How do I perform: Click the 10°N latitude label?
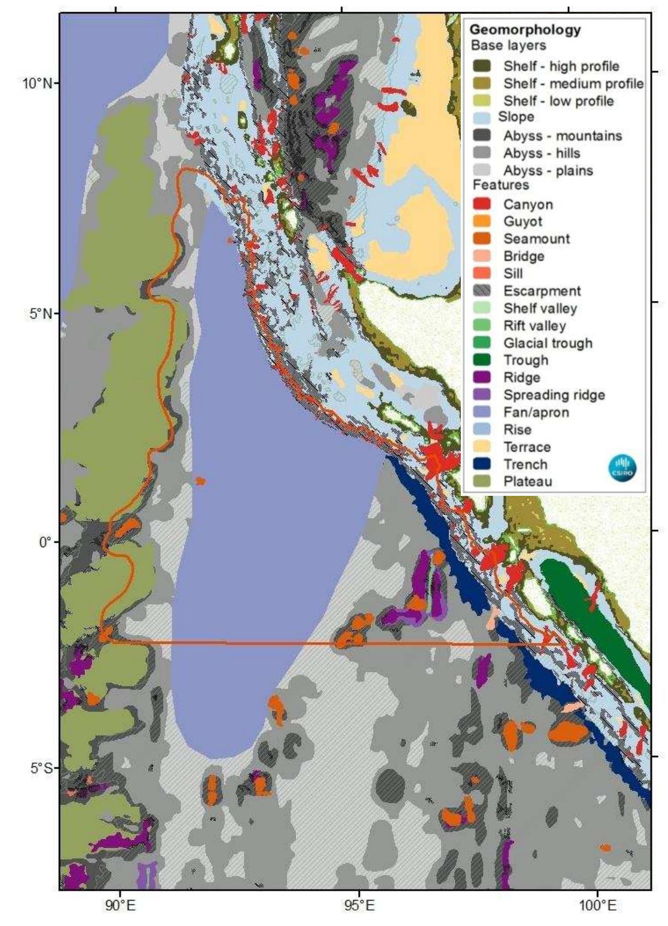pyautogui.click(x=38, y=84)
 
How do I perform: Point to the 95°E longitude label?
pyautogui.click(x=359, y=906)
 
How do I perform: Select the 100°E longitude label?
pyautogui.click(x=597, y=906)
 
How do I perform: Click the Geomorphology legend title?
pyautogui.click(x=525, y=30)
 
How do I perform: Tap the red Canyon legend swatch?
pyautogui.click(x=482, y=204)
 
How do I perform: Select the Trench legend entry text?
pyautogui.click(x=525, y=464)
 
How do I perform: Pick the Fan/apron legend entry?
pyautogui.click(x=535, y=412)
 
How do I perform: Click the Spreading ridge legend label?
pyautogui.click(x=554, y=395)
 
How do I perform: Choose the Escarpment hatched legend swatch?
pyautogui.click(x=482, y=291)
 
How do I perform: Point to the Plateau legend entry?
pyautogui.click(x=527, y=481)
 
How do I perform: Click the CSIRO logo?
pyautogui.click(x=622, y=467)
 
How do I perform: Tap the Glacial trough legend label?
pyautogui.click(x=548, y=343)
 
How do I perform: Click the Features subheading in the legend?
pyautogui.click(x=501, y=185)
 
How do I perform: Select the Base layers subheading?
pyautogui.click(x=508, y=46)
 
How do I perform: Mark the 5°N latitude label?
pyautogui.click(x=40, y=314)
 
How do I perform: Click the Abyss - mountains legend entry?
pyautogui.click(x=562, y=136)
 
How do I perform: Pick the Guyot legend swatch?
pyautogui.click(x=482, y=221)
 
